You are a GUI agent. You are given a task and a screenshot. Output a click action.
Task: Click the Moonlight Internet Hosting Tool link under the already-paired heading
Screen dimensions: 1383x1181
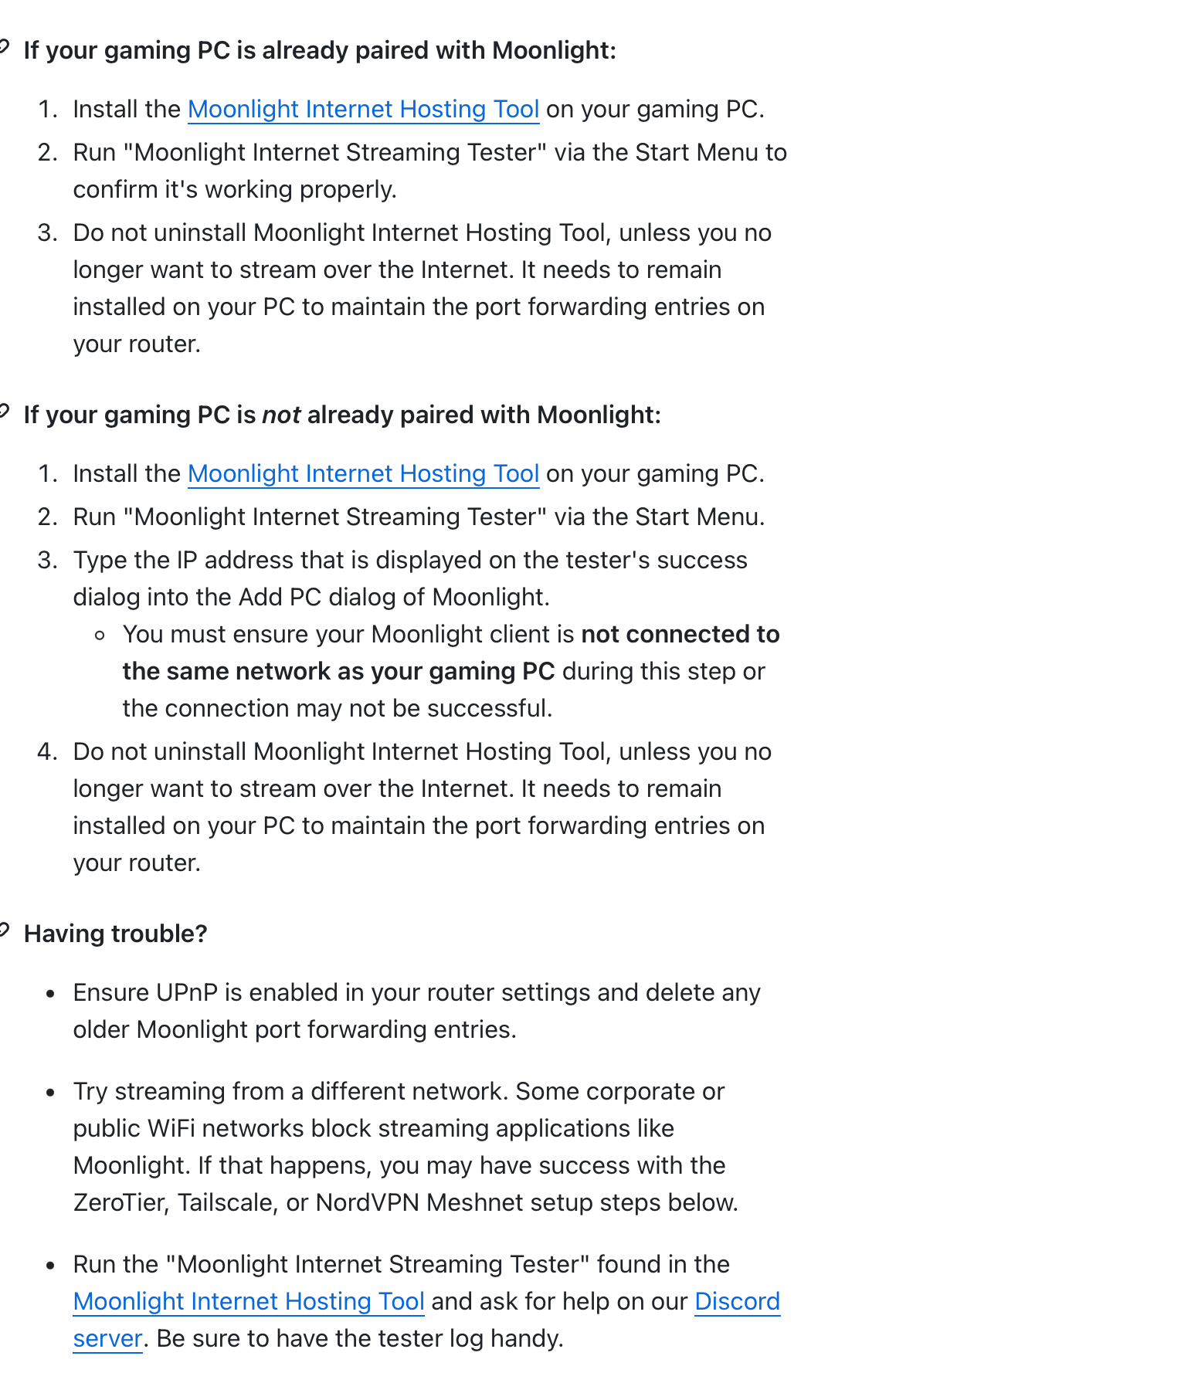[363, 110]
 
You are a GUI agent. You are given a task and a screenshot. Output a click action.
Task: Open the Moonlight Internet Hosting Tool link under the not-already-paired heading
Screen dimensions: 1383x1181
[363, 474]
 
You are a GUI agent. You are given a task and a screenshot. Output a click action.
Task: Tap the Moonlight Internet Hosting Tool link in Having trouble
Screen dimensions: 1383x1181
[249, 1302]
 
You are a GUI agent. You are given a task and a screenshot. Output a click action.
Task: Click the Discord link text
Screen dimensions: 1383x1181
[737, 1302]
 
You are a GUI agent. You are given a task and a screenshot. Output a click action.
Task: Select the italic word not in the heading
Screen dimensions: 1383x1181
[281, 415]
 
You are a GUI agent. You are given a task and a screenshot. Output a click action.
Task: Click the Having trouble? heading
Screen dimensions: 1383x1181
[116, 934]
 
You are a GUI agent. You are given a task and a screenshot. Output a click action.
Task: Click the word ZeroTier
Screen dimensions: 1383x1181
[120, 1203]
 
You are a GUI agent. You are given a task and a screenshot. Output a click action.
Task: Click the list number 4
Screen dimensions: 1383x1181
[47, 752]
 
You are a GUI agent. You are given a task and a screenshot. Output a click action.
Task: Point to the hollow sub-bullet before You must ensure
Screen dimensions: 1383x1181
[99, 636]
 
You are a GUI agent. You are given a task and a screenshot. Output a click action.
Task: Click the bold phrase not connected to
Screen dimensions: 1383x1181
[680, 635]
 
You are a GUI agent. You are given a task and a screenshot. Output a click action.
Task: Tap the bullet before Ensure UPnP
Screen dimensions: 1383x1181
[51, 994]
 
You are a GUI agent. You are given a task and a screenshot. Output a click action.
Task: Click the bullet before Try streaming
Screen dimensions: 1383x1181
[51, 1093]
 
